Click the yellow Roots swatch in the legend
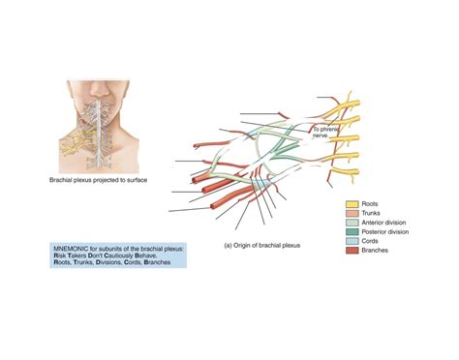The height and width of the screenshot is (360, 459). coord(352,205)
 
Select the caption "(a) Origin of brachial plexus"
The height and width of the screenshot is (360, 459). coord(261,246)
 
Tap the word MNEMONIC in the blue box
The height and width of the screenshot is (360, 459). coord(75,249)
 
